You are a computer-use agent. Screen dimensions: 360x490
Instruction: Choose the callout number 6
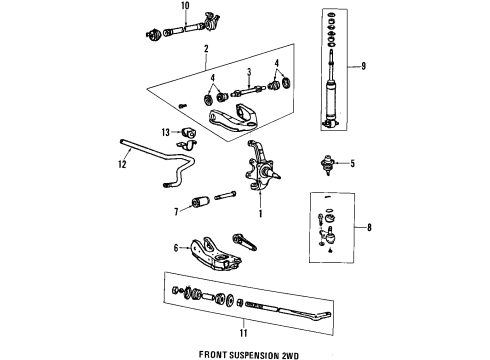pos(176,248)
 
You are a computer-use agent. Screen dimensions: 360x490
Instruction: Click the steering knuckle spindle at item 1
pos(256,176)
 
